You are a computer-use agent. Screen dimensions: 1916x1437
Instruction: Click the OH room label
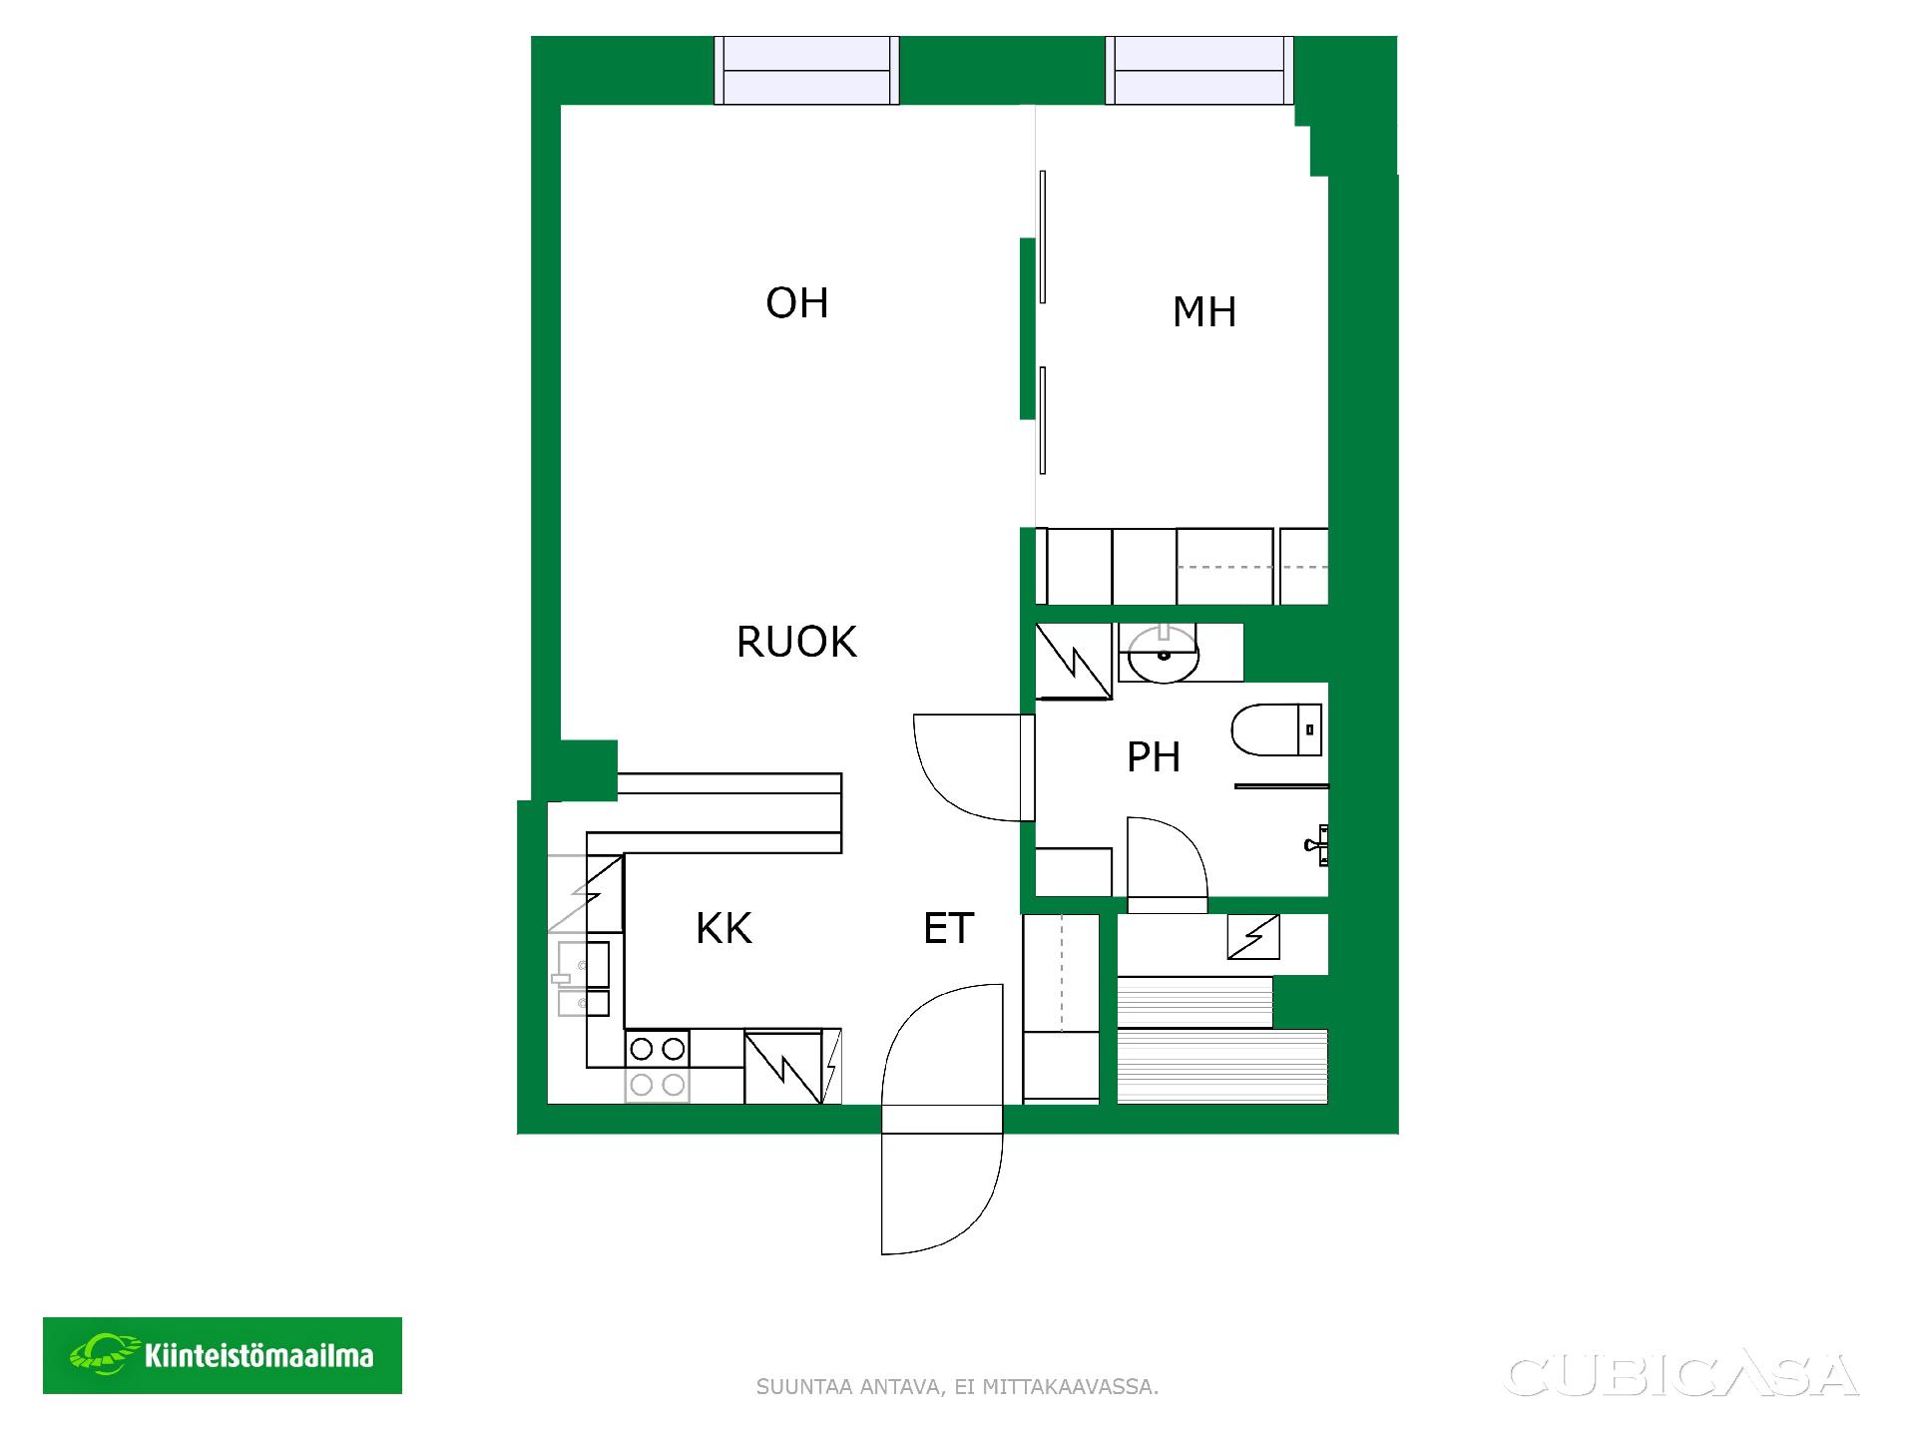tap(797, 302)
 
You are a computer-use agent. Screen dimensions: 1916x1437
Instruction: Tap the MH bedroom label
tap(1204, 312)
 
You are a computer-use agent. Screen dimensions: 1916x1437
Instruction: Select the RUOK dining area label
tap(796, 642)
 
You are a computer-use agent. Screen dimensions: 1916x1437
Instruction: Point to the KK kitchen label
tap(723, 928)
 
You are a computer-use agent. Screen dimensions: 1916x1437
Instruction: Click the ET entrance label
tap(948, 929)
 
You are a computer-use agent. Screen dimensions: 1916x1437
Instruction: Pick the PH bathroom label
tap(1154, 757)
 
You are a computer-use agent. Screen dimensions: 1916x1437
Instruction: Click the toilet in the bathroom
tap(1276, 729)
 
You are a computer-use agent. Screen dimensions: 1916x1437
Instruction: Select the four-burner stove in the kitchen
tap(658, 1067)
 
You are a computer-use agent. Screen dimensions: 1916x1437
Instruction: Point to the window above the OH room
tap(806, 70)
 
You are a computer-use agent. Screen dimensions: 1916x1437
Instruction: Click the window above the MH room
tap(1199, 70)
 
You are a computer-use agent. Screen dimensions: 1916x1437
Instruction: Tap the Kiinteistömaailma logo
tap(223, 1355)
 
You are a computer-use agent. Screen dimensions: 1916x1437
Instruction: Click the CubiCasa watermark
tap(1681, 1376)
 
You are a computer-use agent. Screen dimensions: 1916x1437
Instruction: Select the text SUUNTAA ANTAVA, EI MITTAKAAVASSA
tap(958, 1387)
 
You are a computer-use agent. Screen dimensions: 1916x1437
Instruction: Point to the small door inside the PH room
tap(1167, 863)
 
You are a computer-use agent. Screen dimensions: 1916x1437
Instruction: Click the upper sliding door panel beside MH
tap(1043, 237)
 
